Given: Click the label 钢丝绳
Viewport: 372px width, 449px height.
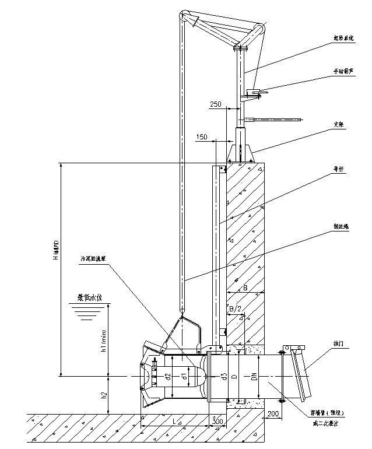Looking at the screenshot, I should click(340, 226).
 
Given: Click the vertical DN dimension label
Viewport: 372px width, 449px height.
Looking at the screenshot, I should click(254, 377).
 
